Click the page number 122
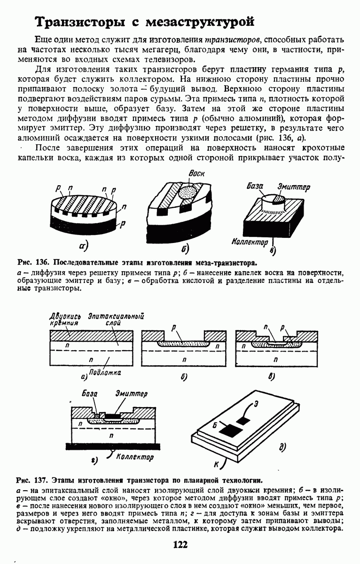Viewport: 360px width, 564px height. [x=180, y=545]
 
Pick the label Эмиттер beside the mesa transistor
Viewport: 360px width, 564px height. [x=294, y=187]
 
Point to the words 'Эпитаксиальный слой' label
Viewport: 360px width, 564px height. [x=116, y=320]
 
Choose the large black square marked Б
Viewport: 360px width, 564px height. [x=229, y=431]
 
